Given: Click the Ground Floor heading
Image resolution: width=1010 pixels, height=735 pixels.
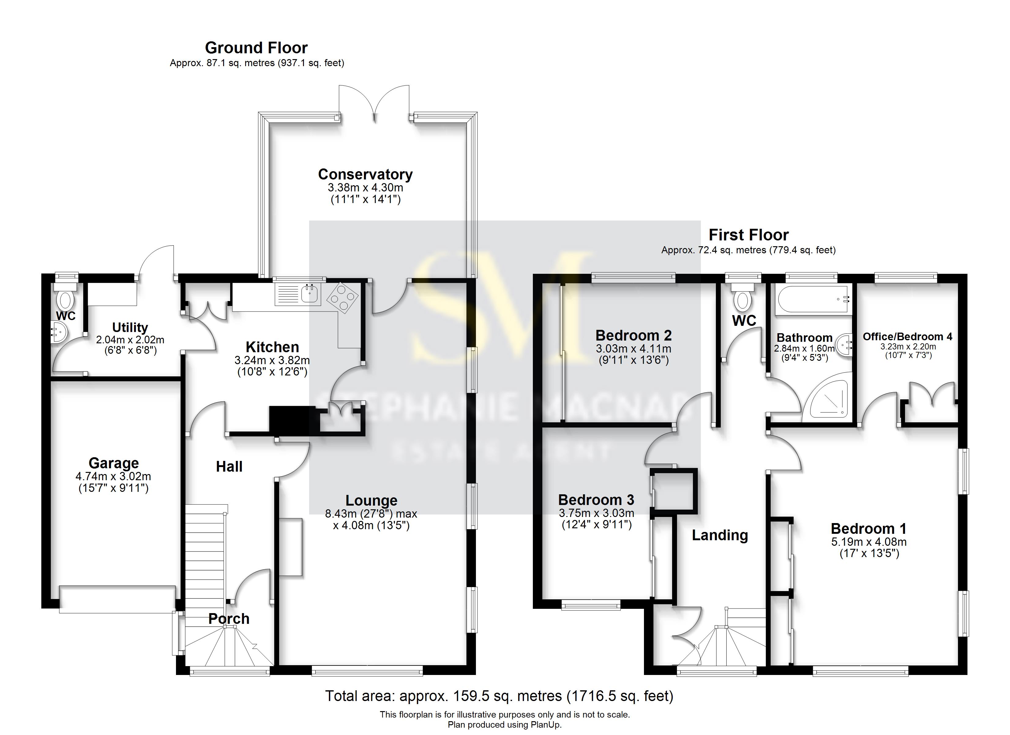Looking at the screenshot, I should pos(256,48).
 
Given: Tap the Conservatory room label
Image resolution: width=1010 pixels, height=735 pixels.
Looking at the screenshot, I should pos(365,174).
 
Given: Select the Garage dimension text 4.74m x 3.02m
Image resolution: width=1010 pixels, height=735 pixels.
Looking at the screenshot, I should pos(113,477).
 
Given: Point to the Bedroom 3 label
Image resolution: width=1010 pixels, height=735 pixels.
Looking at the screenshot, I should pos(596,500).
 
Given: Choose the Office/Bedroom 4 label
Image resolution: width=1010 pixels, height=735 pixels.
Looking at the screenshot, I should pos(907,337).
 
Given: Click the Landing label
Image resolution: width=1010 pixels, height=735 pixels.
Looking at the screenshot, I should pos(720,535).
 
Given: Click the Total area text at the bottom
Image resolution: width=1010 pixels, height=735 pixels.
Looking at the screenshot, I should pos(499,696).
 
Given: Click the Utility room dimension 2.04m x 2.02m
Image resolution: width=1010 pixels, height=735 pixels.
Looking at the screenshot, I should pos(130,340).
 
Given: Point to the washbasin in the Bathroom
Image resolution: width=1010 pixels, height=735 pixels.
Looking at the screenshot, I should pos(844,344).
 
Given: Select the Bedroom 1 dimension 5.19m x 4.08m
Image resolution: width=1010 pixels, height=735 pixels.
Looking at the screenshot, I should pos(868,542).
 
